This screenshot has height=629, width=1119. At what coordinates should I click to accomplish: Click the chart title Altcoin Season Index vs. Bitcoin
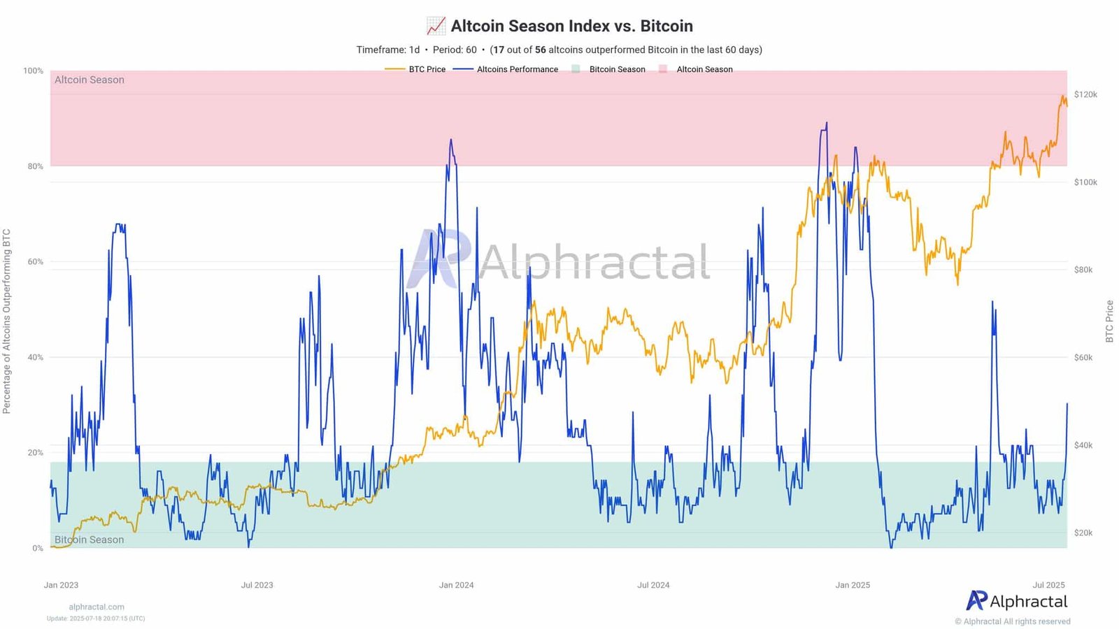571,26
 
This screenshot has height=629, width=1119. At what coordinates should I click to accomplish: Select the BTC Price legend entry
427,69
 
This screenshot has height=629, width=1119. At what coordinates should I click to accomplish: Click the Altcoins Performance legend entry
517,69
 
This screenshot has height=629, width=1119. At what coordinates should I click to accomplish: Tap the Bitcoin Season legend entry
617,69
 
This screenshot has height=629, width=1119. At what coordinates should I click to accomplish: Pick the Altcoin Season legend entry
704,69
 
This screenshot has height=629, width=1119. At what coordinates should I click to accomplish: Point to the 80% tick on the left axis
35,166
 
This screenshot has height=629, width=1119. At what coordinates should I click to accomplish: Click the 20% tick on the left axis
35,452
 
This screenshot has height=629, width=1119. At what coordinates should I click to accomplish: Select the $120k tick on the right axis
1085,94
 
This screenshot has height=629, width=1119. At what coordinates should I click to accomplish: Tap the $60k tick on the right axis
1083,357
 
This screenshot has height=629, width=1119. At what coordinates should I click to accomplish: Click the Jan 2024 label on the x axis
456,585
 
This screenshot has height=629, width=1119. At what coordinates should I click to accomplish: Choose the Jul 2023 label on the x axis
257,585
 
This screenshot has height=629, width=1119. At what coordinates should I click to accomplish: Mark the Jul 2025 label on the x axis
1048,585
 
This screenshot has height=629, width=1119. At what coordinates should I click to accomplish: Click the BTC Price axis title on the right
1109,321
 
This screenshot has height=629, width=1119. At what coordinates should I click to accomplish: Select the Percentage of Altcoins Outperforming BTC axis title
7,321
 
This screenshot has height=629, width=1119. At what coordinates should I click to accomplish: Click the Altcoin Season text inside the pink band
90,80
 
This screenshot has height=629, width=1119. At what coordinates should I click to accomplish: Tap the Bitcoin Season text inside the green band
90,540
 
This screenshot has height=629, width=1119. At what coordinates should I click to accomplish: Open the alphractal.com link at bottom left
97,607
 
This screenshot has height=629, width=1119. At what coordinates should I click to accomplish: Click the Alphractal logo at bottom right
1017,601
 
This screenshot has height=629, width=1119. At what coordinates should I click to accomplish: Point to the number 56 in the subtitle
540,50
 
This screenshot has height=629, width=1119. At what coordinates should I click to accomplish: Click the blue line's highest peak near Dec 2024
827,124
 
